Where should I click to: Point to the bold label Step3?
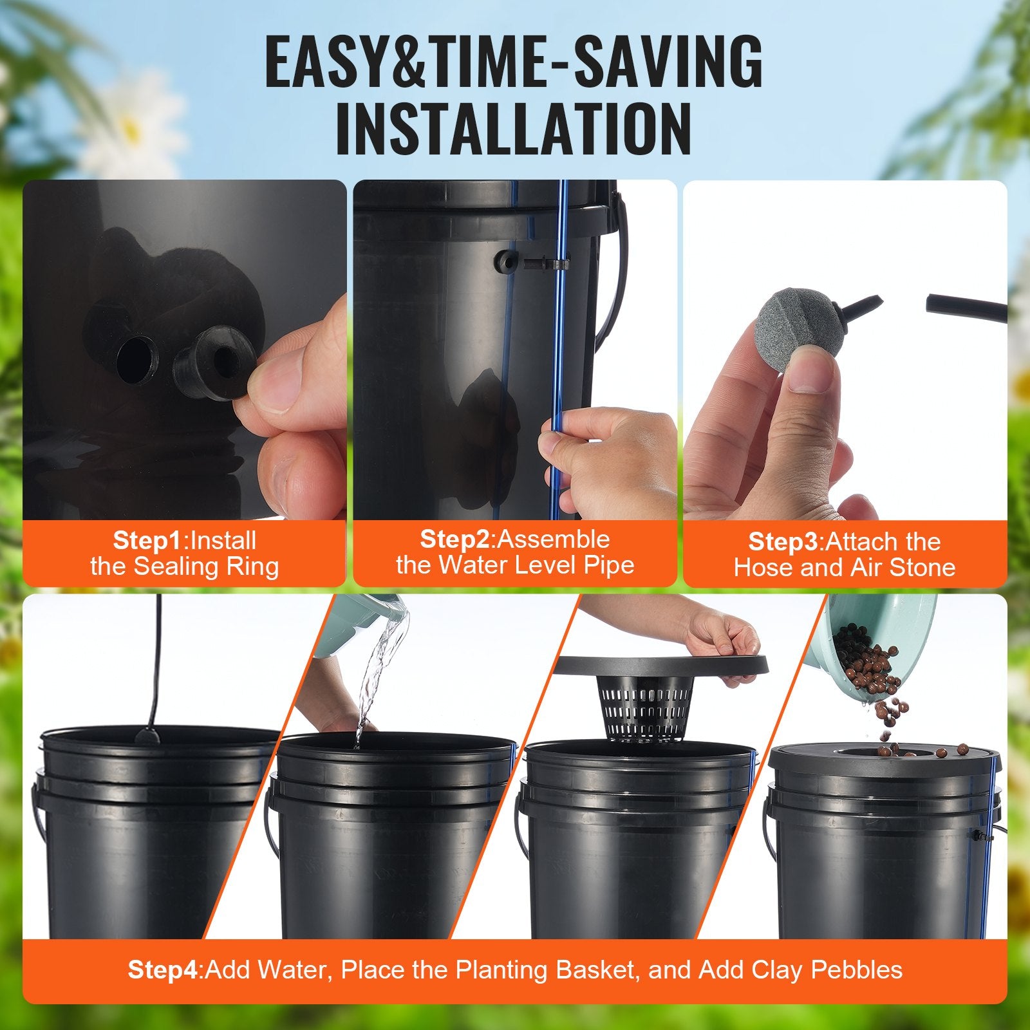[783, 542]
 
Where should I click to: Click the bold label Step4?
[164, 969]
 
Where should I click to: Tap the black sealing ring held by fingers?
[212, 362]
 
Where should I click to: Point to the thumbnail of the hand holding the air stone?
[845, 351]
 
